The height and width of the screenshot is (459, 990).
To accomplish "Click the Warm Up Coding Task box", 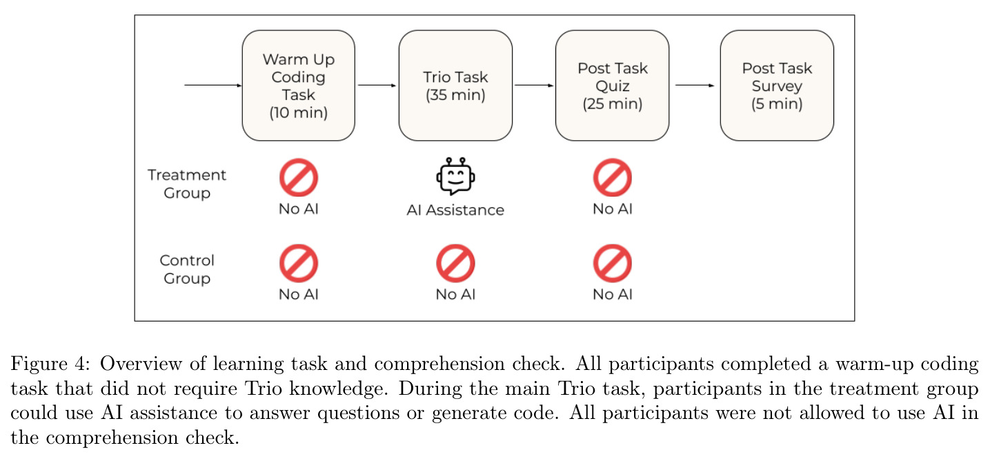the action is point(298,86).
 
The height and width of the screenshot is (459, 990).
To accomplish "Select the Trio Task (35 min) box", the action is point(455,86).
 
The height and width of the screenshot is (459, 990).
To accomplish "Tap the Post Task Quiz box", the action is point(612,86).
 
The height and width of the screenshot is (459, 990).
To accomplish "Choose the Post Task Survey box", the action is point(777,86).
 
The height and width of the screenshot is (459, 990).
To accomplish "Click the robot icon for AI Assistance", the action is point(455,176).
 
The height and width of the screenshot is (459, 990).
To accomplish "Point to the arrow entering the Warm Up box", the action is point(213,86).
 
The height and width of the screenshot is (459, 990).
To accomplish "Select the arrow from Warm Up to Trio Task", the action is point(377,86).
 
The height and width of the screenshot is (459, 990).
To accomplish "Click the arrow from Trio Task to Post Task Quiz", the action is point(534,86).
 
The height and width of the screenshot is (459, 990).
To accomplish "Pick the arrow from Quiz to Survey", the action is point(695,86).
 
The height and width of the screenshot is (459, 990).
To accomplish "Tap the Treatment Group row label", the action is point(187,184).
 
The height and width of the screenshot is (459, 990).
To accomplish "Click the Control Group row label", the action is point(187,269).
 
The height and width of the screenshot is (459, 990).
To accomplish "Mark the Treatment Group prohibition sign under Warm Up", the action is point(299,177).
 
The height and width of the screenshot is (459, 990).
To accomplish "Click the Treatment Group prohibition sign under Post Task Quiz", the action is point(613,177).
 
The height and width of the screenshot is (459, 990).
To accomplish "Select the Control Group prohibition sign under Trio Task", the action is point(455,263).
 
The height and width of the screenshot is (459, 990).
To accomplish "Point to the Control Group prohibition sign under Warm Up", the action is point(299,263).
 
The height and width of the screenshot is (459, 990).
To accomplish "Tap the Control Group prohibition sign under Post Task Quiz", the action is point(613,263).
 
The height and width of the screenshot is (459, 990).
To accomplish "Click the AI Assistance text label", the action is point(455,210).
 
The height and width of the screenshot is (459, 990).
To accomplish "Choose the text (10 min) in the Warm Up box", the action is point(298,113).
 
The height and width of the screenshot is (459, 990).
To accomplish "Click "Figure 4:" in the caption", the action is point(50,364).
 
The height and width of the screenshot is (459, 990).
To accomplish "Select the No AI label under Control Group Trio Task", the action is point(455,295).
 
